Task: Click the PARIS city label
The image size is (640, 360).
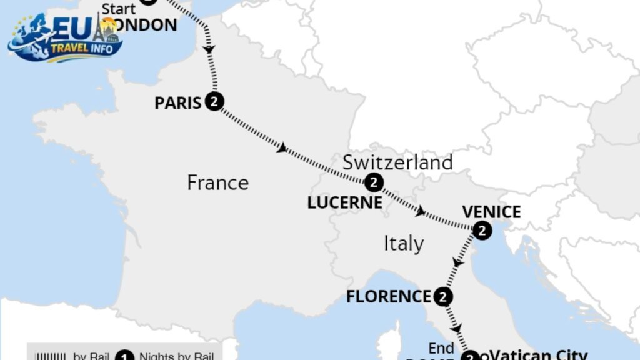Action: (x=178, y=102)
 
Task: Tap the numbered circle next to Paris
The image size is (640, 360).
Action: (x=214, y=102)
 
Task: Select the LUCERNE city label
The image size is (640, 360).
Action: (x=344, y=202)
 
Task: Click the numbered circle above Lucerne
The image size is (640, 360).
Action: (x=373, y=182)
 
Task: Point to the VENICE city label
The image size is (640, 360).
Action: (x=491, y=212)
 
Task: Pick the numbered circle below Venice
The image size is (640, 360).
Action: (x=482, y=231)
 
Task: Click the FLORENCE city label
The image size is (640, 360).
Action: (x=389, y=296)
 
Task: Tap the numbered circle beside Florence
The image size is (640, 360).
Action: (x=442, y=297)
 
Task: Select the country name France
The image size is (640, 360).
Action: (x=217, y=182)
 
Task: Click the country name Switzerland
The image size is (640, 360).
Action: (x=398, y=162)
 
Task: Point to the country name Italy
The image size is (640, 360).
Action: (x=403, y=243)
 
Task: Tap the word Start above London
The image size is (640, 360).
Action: (x=118, y=9)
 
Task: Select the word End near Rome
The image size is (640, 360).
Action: (x=441, y=348)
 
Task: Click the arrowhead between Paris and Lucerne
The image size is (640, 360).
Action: (x=282, y=148)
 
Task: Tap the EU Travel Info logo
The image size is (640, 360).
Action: (x=65, y=39)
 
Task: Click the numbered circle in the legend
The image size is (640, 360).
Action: (x=125, y=356)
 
